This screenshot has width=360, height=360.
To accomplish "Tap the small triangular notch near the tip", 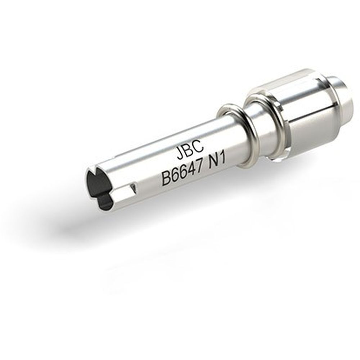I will pyautogui.click(x=134, y=186).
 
